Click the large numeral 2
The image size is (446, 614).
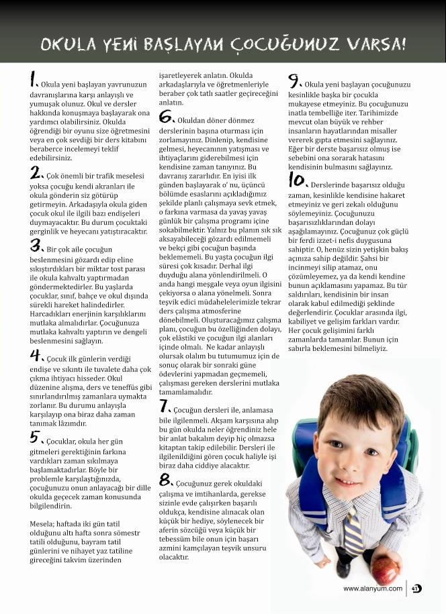[x=36, y=172]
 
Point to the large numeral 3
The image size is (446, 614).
[x=36, y=246]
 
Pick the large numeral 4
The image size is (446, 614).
[x=36, y=355]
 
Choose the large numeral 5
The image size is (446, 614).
[x=37, y=438]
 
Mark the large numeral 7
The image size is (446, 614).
[x=165, y=406]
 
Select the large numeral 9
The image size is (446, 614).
[x=295, y=81]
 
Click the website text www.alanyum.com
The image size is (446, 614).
[x=373, y=589]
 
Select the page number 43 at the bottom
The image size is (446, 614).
[x=416, y=589]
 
